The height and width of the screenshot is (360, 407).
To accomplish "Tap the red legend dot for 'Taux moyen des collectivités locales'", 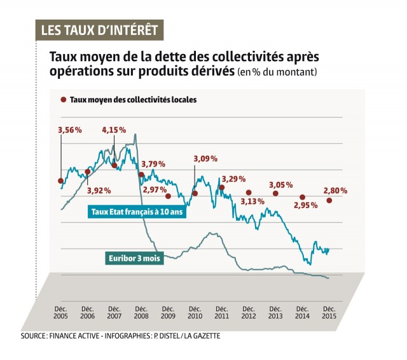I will click(64, 100).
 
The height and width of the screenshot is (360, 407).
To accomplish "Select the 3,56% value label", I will click(70, 130).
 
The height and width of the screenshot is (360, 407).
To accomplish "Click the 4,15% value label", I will click(114, 130).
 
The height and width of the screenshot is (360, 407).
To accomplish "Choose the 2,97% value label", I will click(155, 190).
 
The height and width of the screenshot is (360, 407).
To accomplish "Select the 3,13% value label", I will click(252, 202).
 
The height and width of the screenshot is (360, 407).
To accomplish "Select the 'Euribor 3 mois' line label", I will click(134, 258).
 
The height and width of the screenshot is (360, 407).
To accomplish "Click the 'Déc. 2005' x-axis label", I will click(60, 311).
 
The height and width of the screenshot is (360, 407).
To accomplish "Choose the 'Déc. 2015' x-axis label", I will click(329, 311).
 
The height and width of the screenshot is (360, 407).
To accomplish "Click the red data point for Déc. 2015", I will click(329, 200).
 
